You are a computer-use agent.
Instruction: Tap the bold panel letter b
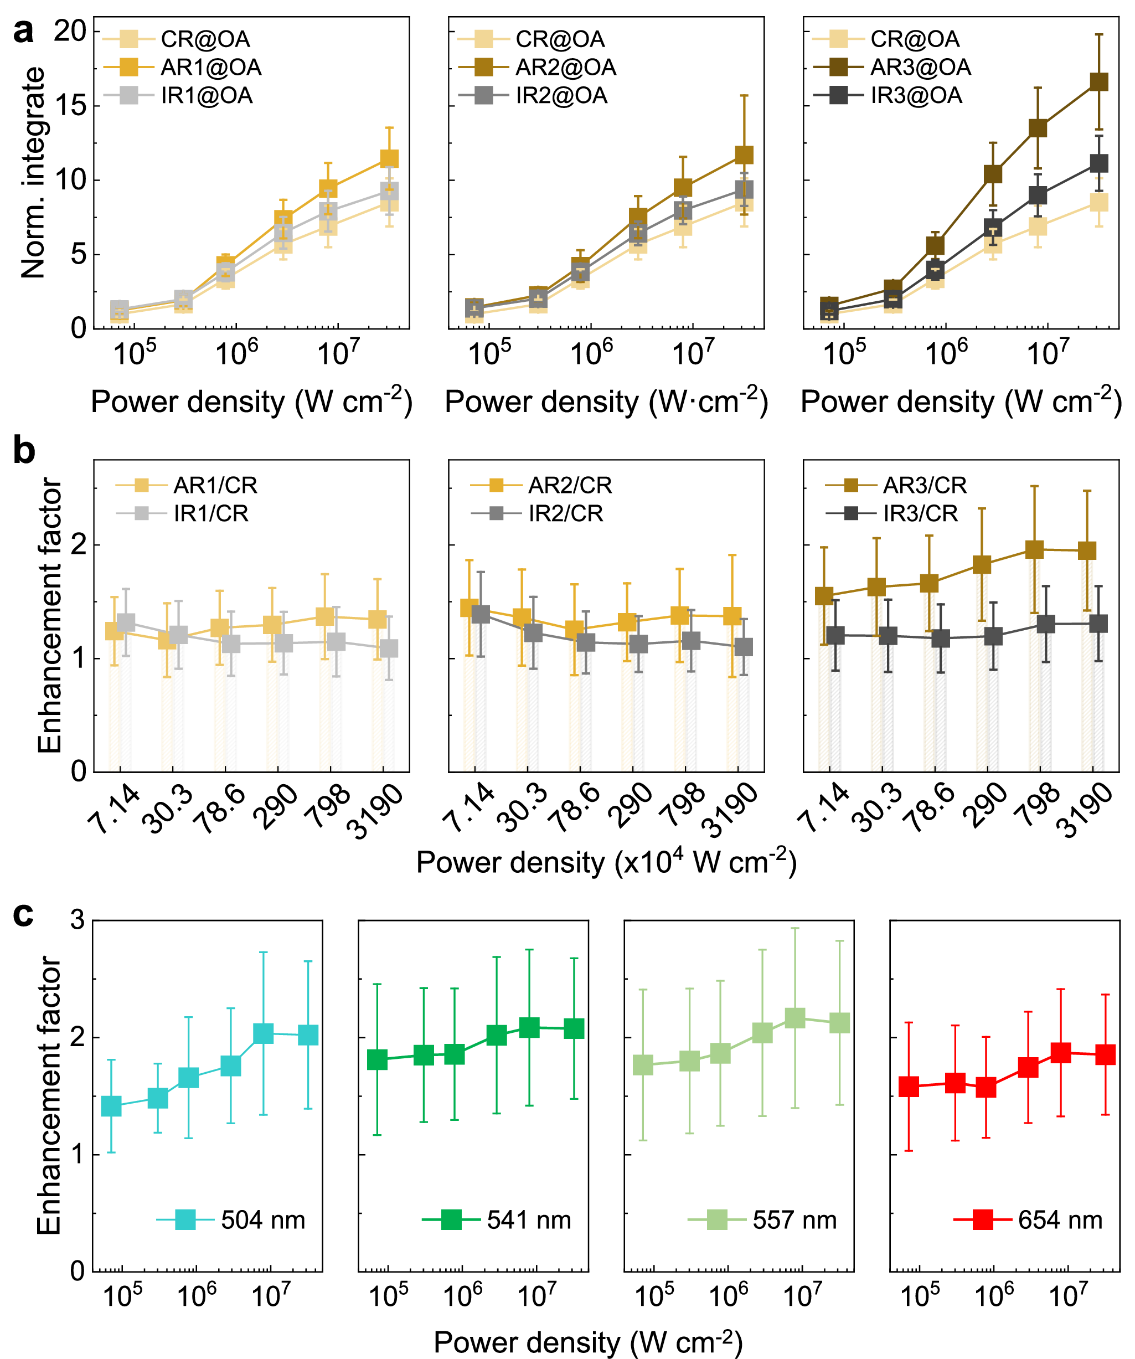coord(24,451)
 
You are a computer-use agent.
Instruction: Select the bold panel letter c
coord(23,914)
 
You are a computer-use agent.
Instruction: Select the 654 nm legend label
coord(1060,1221)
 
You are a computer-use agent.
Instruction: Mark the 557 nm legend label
coord(795,1221)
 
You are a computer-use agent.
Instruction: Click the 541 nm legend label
coord(529,1221)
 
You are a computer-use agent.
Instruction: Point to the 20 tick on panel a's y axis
coord(70,30)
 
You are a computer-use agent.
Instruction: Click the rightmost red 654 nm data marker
coord(1105,1054)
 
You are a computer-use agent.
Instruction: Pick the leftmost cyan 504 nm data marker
coord(111,1106)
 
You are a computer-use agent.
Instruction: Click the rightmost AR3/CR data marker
coord(1087,550)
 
